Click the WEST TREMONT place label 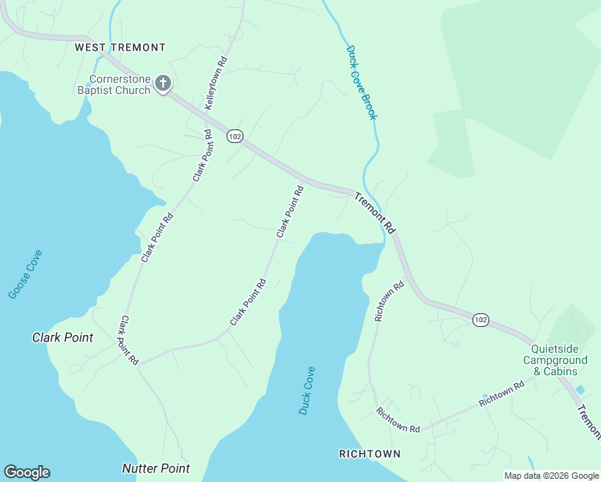click(120, 48)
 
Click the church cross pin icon click(163, 84)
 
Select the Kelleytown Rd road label click(215, 84)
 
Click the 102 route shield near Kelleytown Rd click(234, 137)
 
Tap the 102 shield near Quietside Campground click(480, 320)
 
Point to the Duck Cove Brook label click(362, 83)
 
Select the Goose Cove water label click(26, 274)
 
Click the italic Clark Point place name click(62, 337)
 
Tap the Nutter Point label click(156, 468)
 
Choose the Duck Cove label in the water click(307, 390)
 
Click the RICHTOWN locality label click(370, 454)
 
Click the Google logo click(27, 472)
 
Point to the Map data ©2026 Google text click(551, 476)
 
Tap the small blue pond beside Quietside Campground click(580, 390)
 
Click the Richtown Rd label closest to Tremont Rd click(389, 301)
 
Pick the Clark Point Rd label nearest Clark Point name click(129, 341)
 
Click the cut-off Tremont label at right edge click(590, 422)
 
